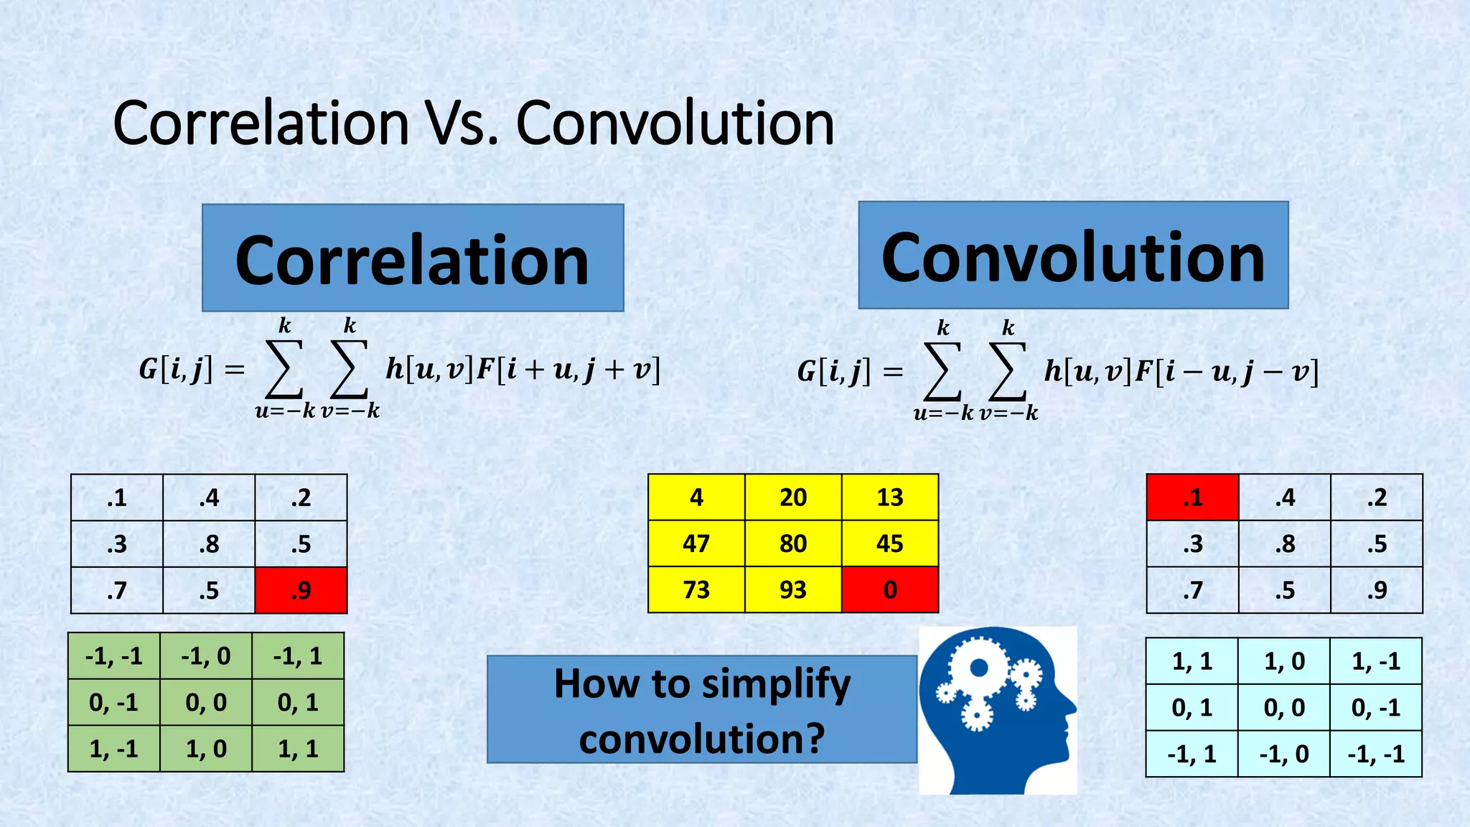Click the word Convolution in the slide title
[675, 123]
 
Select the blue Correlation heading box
[413, 258]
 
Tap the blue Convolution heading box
[1073, 256]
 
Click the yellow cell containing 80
[793, 543]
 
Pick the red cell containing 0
[890, 589]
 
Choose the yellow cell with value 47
[696, 543]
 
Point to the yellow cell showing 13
[890, 497]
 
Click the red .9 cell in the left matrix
[301, 590]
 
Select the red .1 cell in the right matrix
[1192, 497]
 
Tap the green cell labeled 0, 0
[206, 702]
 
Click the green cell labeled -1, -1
[114, 656]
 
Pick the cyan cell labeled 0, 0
[1284, 708]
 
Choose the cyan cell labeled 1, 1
[1192, 661]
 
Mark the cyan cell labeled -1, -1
[1376, 754]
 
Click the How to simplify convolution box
[702, 709]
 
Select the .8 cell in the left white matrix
[209, 544]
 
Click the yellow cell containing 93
[793, 589]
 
